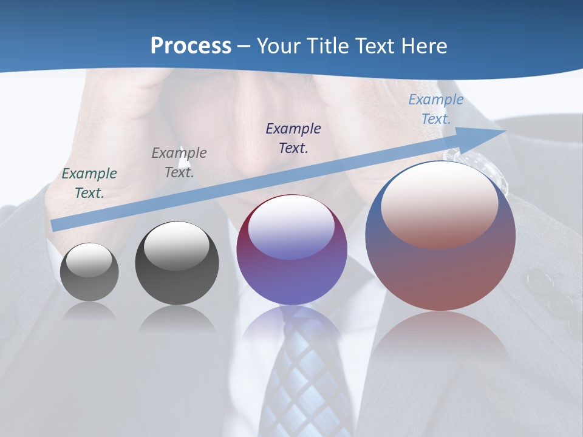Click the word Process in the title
coord(191,46)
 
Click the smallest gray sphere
coord(89,272)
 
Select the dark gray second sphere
coord(177,264)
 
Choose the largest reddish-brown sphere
coord(440,237)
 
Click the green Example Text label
coord(89,183)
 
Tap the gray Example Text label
coord(179,162)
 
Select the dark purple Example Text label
coord(293,138)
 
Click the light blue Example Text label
coord(436,109)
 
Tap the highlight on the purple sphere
coord(291,226)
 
